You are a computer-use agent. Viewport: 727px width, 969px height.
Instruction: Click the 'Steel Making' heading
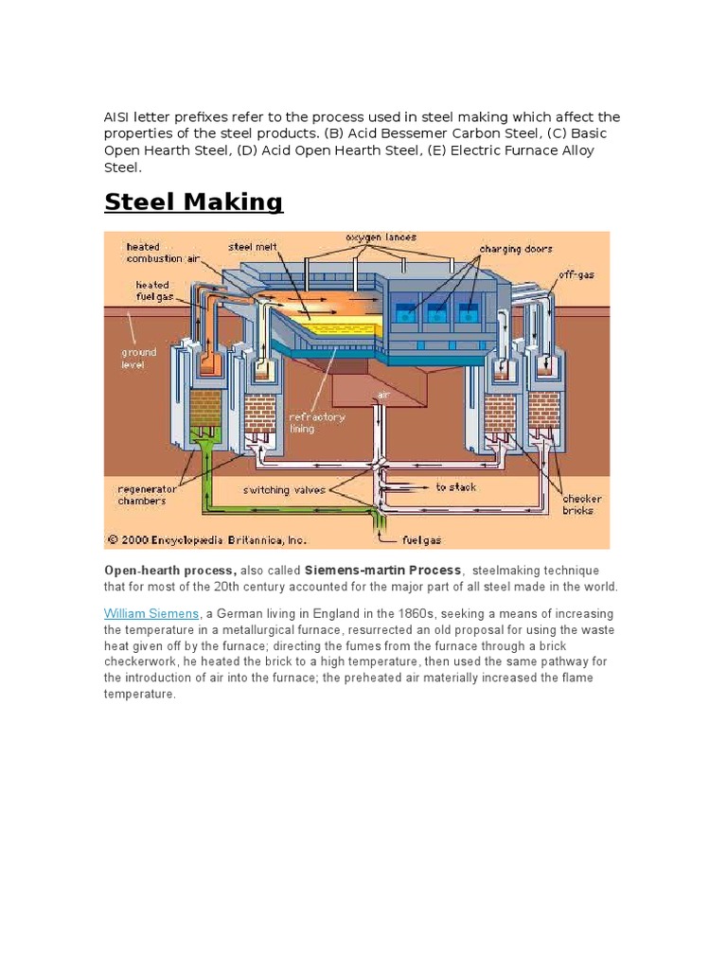pyautogui.click(x=193, y=202)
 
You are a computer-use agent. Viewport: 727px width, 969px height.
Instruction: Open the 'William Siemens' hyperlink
pyautogui.click(x=150, y=613)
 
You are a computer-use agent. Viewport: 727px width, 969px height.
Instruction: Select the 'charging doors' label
pyautogui.click(x=515, y=249)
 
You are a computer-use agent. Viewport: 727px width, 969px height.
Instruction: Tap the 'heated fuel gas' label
pyautogui.click(x=151, y=291)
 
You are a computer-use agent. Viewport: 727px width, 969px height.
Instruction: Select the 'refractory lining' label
pyautogui.click(x=317, y=422)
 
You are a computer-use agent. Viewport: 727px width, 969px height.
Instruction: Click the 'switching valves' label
pyautogui.click(x=284, y=489)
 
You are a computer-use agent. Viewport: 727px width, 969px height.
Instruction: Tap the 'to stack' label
pyautogui.click(x=455, y=487)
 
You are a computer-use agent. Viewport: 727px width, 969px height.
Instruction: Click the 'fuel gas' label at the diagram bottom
pyautogui.click(x=422, y=540)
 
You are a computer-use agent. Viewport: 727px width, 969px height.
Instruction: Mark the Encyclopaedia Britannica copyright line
pyautogui.click(x=206, y=540)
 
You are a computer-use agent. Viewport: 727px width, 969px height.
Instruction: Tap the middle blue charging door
pyautogui.click(x=437, y=313)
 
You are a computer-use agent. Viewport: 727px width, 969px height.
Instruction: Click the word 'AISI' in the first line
pyautogui.click(x=117, y=116)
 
